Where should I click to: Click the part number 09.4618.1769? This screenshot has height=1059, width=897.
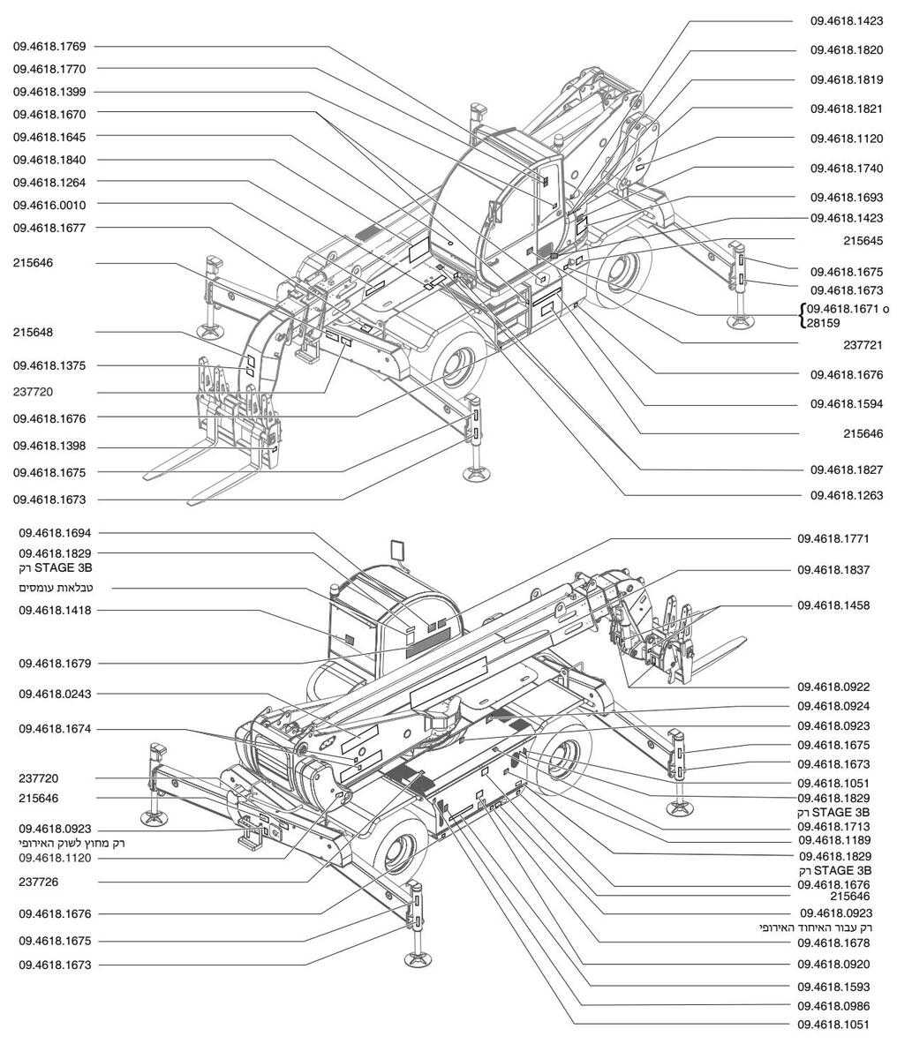[49, 47]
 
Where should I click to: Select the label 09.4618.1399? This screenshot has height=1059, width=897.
[49, 92]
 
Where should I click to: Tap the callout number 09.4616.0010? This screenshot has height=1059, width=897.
[49, 206]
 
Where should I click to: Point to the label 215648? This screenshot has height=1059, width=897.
[33, 332]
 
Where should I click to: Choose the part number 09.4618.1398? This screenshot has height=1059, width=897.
[49, 446]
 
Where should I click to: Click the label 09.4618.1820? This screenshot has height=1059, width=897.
[847, 50]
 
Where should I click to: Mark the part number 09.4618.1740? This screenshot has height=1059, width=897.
[847, 169]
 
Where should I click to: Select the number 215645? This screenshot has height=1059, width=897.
[863, 241]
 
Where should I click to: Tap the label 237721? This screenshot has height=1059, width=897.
[863, 345]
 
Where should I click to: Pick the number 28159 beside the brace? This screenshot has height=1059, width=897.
[823, 323]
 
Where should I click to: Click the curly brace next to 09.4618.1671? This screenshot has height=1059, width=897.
[803, 316]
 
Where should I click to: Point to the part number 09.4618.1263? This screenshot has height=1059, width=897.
[847, 495]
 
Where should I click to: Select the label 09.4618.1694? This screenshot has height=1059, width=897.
[55, 533]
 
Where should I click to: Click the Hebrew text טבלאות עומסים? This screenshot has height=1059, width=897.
[56, 588]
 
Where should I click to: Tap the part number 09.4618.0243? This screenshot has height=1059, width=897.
[55, 695]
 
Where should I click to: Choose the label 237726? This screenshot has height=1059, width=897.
[39, 882]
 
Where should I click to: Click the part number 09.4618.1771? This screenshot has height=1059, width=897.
[833, 539]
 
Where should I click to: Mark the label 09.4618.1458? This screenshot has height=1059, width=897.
[833, 605]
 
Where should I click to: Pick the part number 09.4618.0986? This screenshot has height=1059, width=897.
[833, 1006]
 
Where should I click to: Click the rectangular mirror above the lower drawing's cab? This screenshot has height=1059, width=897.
[399, 550]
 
